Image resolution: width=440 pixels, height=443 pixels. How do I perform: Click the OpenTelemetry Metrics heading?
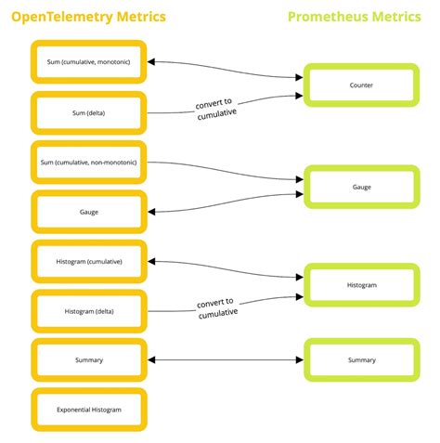click(88, 17)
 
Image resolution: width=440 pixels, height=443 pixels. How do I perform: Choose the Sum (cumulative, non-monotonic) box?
click(88, 162)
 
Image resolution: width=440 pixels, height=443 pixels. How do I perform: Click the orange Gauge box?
click(88, 212)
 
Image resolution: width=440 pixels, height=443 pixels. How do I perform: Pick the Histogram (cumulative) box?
click(88, 261)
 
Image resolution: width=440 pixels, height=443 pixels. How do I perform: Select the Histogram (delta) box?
click(88, 310)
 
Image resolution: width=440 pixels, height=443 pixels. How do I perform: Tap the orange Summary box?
click(88, 359)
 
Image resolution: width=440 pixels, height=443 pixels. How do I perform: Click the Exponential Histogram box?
click(88, 409)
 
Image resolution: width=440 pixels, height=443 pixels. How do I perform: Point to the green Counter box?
click(361, 85)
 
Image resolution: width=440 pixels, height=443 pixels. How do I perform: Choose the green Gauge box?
click(361, 187)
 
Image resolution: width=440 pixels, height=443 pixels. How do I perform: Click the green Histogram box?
click(361, 285)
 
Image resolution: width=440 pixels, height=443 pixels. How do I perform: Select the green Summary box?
click(361, 359)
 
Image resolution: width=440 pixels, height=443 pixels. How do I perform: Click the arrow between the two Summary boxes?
click(225, 359)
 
